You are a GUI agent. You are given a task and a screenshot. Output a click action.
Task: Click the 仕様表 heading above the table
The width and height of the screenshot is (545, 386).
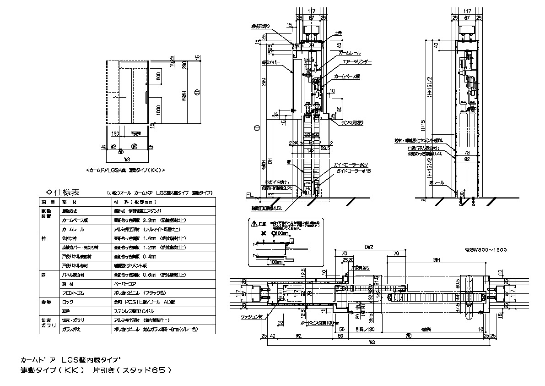pyautogui.click(x=67, y=192)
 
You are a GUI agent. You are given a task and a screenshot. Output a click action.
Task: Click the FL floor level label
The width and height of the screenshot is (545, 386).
pyautogui.click(x=249, y=195)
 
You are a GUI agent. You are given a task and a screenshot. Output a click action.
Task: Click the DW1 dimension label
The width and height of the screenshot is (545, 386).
pyautogui.click(x=437, y=260)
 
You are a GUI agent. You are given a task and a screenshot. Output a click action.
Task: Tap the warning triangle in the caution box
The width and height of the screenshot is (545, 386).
pyautogui.click(x=255, y=224)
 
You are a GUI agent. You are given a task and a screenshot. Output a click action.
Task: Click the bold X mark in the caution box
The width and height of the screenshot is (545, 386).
pyautogui.click(x=263, y=233)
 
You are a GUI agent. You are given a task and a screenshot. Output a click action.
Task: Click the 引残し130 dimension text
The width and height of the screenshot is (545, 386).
pyautogui.click(x=365, y=329)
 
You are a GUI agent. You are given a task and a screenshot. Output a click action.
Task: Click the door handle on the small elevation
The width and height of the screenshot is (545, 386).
pyautogui.click(x=146, y=97)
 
